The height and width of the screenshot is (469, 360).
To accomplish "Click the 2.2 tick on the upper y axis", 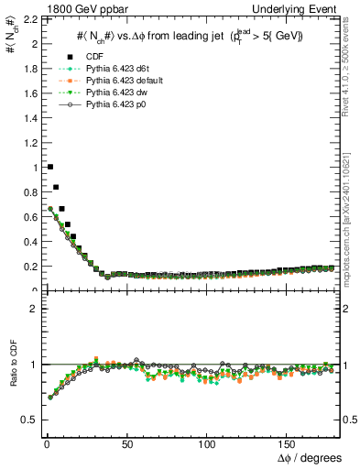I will tap(28, 19).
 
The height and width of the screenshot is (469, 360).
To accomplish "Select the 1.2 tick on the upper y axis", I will tap(28, 143).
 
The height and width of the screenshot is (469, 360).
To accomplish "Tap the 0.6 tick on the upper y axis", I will tap(28, 217).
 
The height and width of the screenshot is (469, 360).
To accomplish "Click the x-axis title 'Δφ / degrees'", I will tap(311, 457).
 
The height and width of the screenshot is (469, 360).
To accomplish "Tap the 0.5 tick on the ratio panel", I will tap(27, 420).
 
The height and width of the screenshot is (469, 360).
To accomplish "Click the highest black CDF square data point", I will tap(49, 167).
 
